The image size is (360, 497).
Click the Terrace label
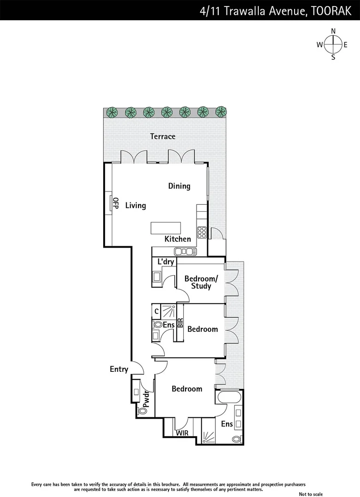pyautogui.click(x=163, y=136)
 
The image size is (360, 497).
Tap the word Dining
pyautogui.click(x=179, y=186)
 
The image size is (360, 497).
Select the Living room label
pyautogui.click(x=135, y=205)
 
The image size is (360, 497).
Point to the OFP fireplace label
pyautogui.click(x=116, y=203)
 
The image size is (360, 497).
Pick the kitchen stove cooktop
pyautogui.click(x=202, y=232)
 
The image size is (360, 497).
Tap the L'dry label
pyautogui.click(x=166, y=262)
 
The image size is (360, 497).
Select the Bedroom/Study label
pyautogui.click(x=201, y=283)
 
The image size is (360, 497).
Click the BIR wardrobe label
pyautogui.click(x=180, y=323)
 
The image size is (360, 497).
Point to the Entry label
pyautogui.click(x=119, y=369)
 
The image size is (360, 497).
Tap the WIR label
pyautogui.click(x=182, y=433)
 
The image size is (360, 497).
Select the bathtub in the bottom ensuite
pyautogui.click(x=228, y=397)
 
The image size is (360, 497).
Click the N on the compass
pyautogui.click(x=333, y=31)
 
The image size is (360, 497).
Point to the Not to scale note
pyautogui.click(x=311, y=494)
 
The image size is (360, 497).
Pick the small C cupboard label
pyautogui.click(x=157, y=311)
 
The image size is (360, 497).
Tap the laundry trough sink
pyautogui.click(x=157, y=277)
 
